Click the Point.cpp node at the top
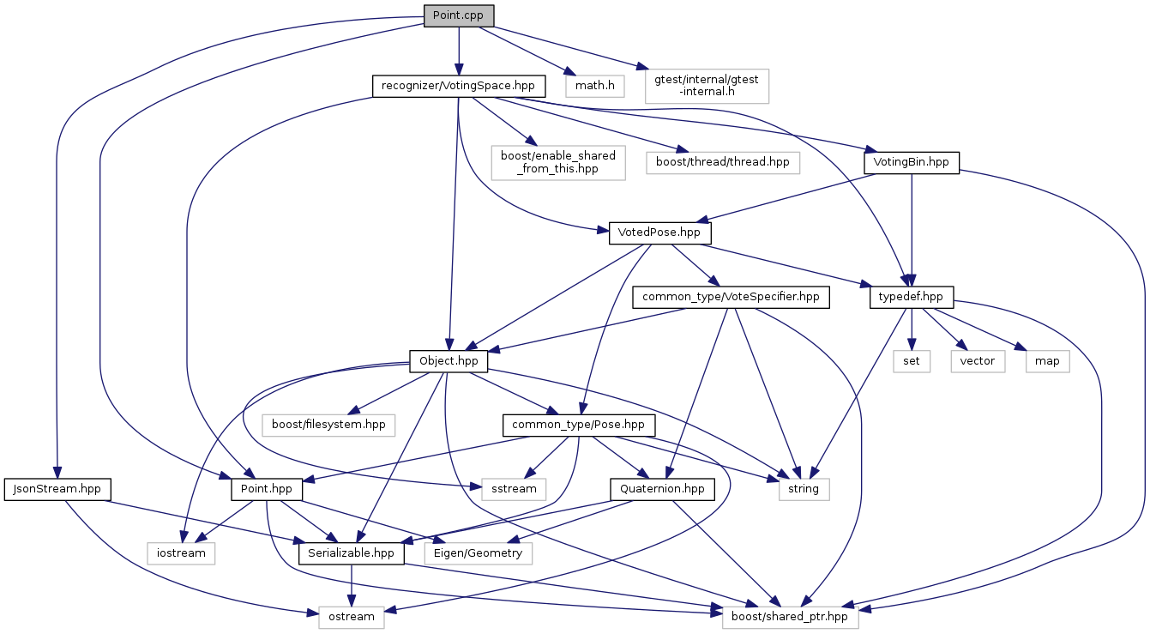459,16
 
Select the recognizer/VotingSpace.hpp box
459,86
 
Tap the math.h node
594,86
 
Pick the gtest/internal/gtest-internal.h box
706,86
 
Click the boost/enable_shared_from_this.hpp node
558,161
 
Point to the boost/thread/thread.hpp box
722,161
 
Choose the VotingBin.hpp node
911,161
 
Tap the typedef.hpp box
911,297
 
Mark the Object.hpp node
449,361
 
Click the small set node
911,361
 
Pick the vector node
977,361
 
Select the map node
1046,361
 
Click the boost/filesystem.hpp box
329,424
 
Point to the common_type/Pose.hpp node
579,424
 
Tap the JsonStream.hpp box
57,489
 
